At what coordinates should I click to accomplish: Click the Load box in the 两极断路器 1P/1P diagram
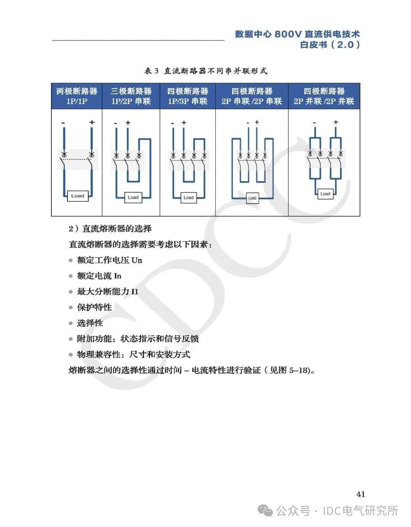coord(78,196)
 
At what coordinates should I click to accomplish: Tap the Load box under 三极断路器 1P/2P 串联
coord(133,197)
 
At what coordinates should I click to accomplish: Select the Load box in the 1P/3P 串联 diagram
coord(189,197)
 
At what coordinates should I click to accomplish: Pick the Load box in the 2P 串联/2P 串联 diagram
coord(252,198)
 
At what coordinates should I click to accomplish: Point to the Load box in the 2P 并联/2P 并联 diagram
coord(325,194)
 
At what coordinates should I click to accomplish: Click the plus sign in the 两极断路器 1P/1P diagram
coord(92,122)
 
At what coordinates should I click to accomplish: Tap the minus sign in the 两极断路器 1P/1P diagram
coord(63,123)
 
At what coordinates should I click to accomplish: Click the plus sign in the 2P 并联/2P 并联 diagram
coord(336,122)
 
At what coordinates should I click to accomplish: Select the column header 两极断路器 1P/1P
coord(77,96)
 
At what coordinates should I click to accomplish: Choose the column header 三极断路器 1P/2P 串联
coord(131,96)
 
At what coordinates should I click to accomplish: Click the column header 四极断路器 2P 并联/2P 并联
coord(324,96)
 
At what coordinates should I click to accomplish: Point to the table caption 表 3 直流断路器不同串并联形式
coord(205,71)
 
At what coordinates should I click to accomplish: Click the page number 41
coord(360,494)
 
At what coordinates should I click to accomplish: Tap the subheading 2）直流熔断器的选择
coord(110,228)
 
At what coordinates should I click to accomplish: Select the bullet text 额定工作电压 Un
coord(109,260)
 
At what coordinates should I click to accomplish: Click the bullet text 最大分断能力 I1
coord(108,291)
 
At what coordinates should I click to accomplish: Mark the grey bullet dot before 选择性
coord(70,323)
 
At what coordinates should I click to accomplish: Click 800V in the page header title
coord(288,34)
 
